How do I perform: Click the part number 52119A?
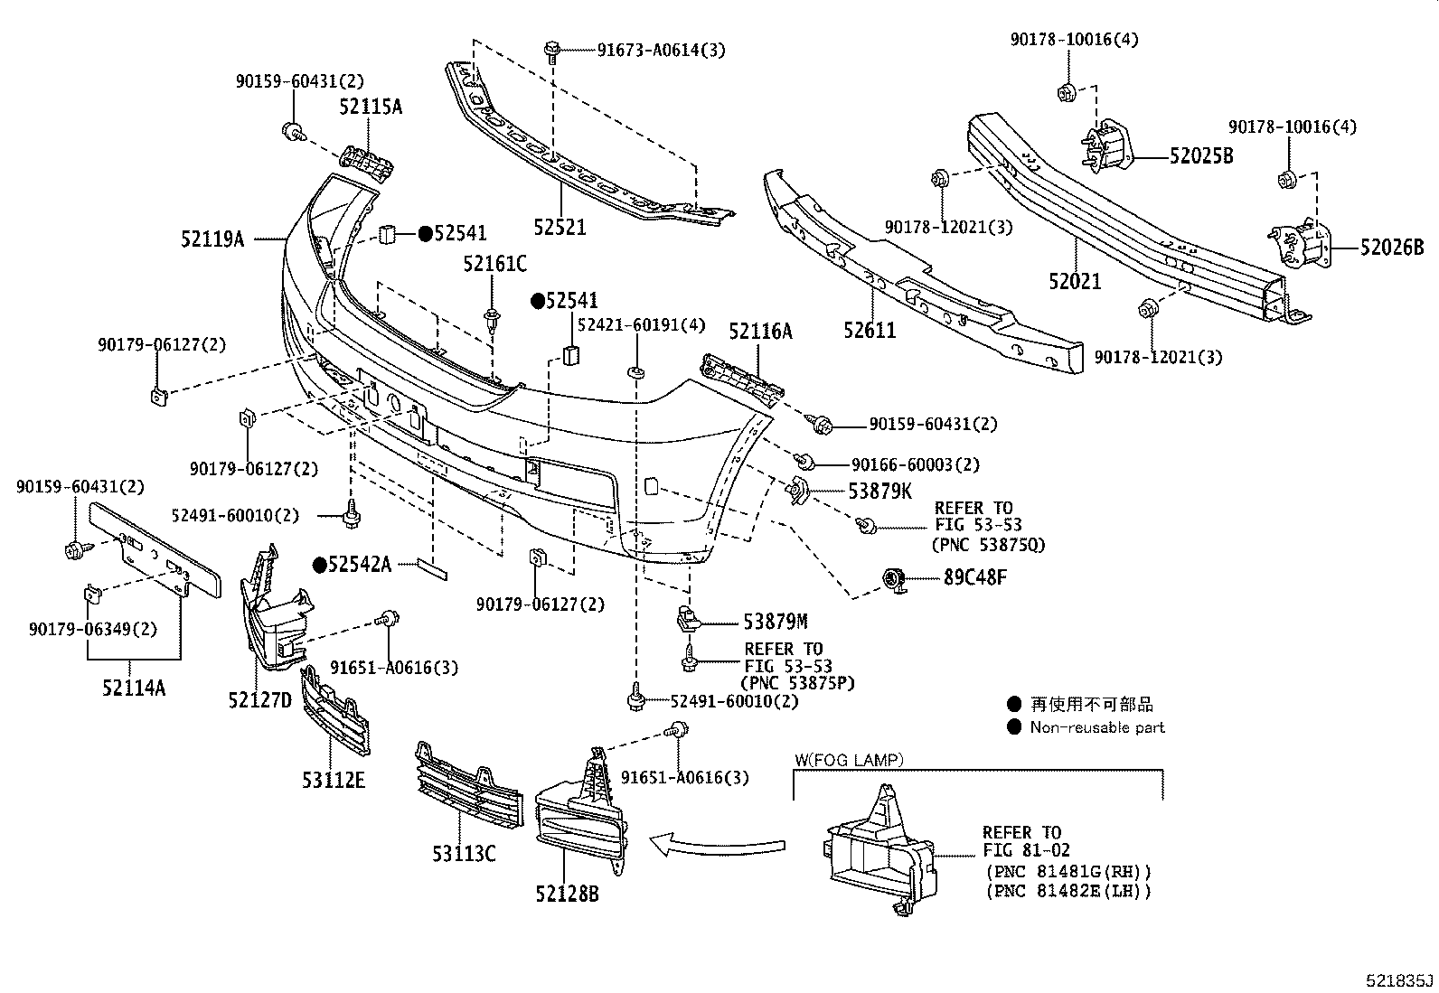[x=212, y=239]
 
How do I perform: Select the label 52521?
[x=559, y=227]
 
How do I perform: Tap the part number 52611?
[x=870, y=330]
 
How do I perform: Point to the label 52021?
[x=1075, y=281]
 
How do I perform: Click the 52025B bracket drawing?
[x=1109, y=147]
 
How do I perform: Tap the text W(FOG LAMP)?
[x=849, y=761]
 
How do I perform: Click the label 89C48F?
[x=974, y=577]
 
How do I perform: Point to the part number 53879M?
[x=775, y=621]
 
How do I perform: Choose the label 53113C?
[x=463, y=852]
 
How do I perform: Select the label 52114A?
[x=133, y=688]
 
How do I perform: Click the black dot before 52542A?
[x=319, y=565]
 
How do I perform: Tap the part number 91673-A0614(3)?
[x=661, y=50]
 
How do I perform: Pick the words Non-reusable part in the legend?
[x=1096, y=727]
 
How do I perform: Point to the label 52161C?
[x=494, y=264]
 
